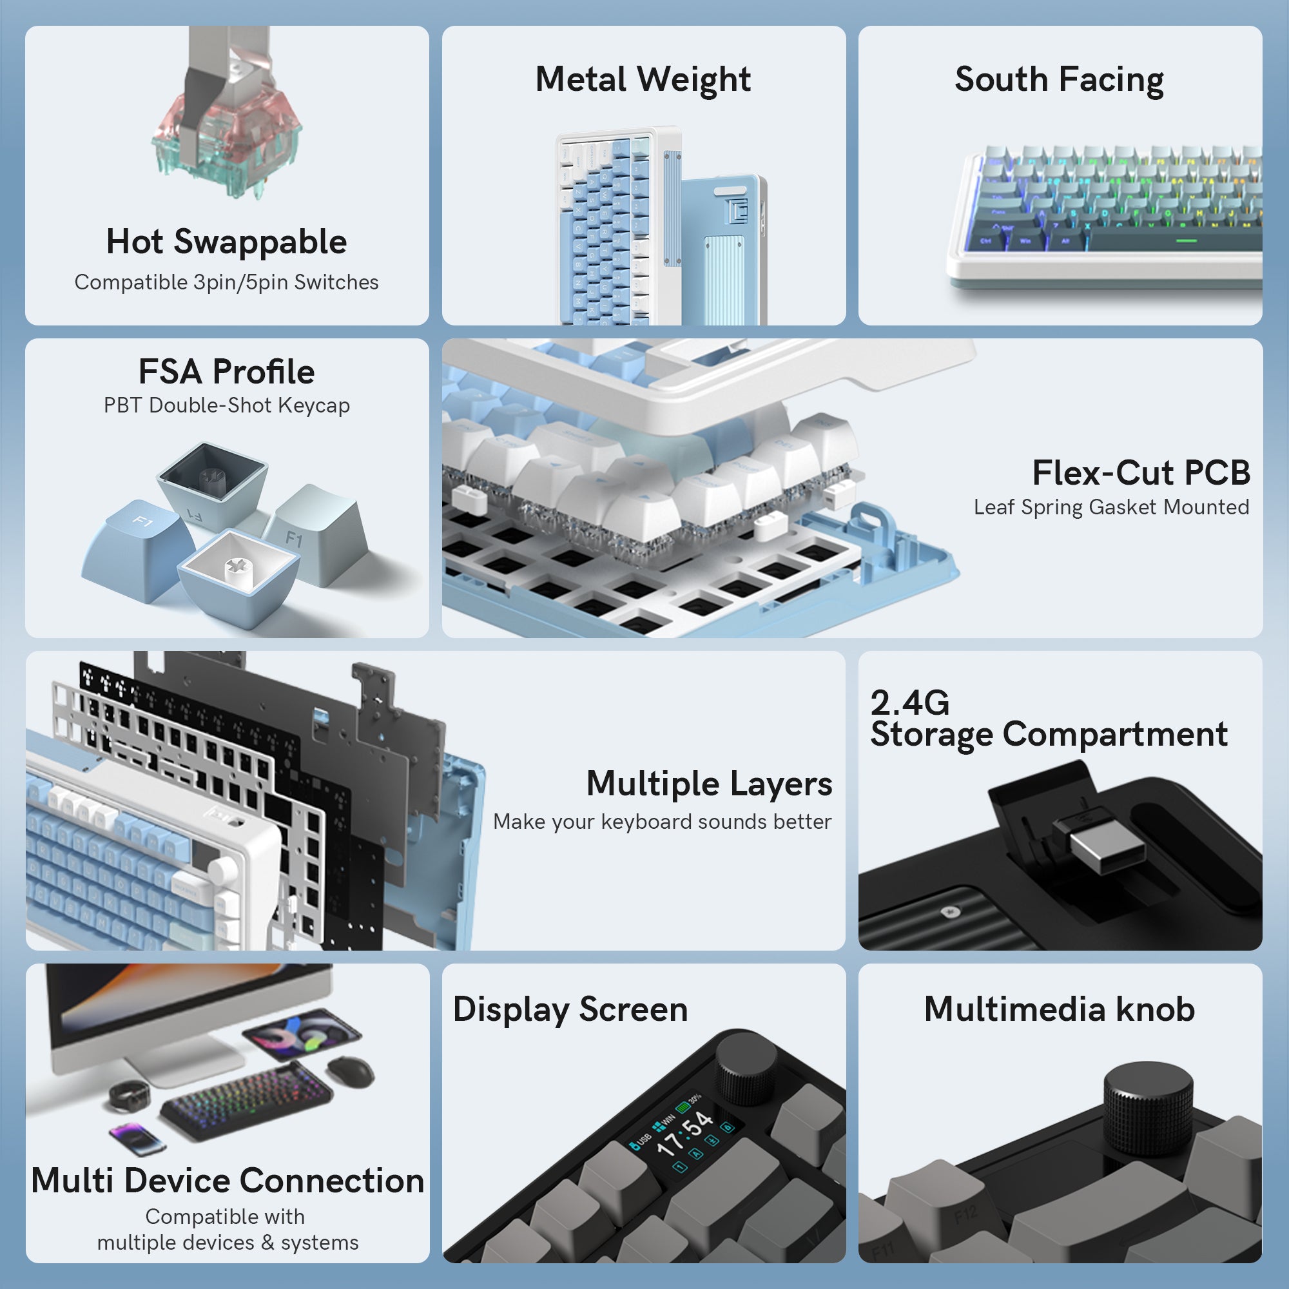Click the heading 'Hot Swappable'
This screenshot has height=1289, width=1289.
pyautogui.click(x=226, y=242)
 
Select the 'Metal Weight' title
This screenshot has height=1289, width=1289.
pyautogui.click(x=643, y=79)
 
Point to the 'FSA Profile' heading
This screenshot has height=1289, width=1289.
pyautogui.click(x=226, y=371)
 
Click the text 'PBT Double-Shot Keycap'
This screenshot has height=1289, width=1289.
pyautogui.click(x=226, y=405)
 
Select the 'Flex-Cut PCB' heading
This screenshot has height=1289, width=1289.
pyautogui.click(x=1141, y=472)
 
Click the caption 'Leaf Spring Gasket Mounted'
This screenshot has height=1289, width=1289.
pyautogui.click(x=1111, y=507)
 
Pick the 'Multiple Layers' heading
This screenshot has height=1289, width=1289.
pyautogui.click(x=709, y=783)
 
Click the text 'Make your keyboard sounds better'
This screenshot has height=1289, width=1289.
pyautogui.click(x=662, y=821)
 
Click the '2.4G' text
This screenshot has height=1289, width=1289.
pyautogui.click(x=909, y=702)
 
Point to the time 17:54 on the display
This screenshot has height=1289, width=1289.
pyautogui.click(x=684, y=1134)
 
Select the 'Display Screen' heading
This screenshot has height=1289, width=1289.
pyautogui.click(x=570, y=1009)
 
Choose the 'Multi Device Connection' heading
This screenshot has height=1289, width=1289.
pyautogui.click(x=228, y=1180)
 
